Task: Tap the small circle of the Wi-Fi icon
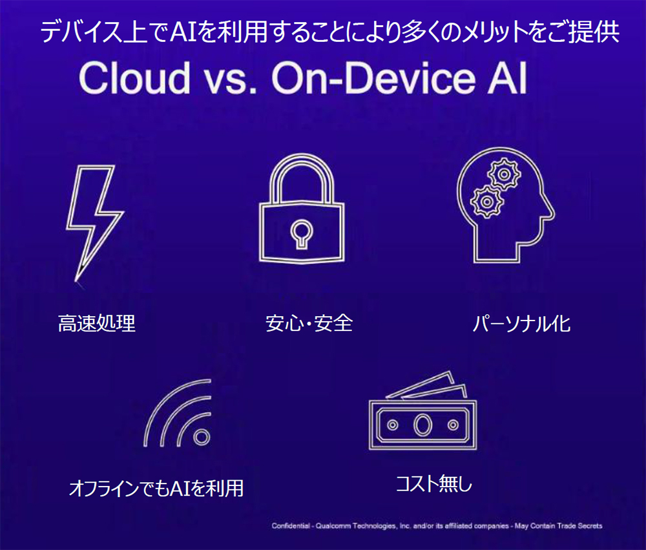(x=202, y=437)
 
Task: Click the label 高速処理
(x=97, y=323)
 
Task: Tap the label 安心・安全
(x=309, y=323)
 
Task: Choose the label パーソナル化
(x=522, y=323)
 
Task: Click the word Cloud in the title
(x=134, y=79)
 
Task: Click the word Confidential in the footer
(x=291, y=526)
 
